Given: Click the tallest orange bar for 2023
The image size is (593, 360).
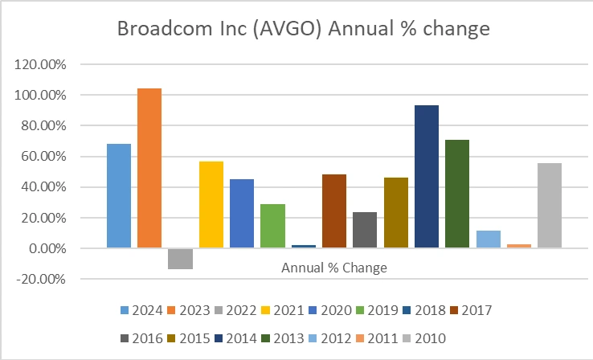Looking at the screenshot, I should pos(149,168).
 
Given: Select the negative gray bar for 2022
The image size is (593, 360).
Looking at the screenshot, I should pos(180,259).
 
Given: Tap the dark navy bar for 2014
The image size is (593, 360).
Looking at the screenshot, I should pos(427,176).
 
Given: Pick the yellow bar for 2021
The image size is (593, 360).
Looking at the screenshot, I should pos(211,205).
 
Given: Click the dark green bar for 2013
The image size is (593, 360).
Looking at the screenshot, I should pos(457,194).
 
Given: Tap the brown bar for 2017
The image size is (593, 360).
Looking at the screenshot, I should pos(334,211).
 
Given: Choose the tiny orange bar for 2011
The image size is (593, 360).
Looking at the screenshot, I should pos(519,246).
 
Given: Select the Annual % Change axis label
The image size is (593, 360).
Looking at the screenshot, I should pos(334,268).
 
